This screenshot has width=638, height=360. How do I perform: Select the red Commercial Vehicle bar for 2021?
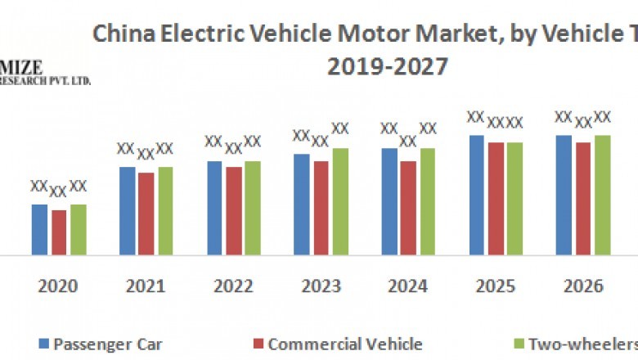click(146, 214)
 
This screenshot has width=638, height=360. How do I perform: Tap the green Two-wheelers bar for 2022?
click(253, 208)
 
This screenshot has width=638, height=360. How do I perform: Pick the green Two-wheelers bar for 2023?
click(340, 201)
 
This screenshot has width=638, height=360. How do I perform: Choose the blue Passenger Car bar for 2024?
click(389, 201)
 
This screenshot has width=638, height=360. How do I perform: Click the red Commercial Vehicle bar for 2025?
click(496, 198)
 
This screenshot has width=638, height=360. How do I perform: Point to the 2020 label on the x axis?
click(57, 286)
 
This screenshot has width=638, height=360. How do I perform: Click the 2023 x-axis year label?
click(321, 286)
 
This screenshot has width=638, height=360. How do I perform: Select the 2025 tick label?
click(496, 286)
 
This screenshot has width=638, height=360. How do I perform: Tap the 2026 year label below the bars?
click(584, 286)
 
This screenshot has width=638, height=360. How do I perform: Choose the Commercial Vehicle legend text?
click(345, 344)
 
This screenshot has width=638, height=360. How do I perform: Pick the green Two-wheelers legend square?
click(518, 344)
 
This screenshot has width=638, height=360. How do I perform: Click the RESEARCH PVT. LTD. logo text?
click(45, 80)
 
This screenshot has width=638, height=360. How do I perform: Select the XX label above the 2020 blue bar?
click(39, 187)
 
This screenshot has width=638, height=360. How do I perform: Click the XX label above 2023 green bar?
click(340, 128)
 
